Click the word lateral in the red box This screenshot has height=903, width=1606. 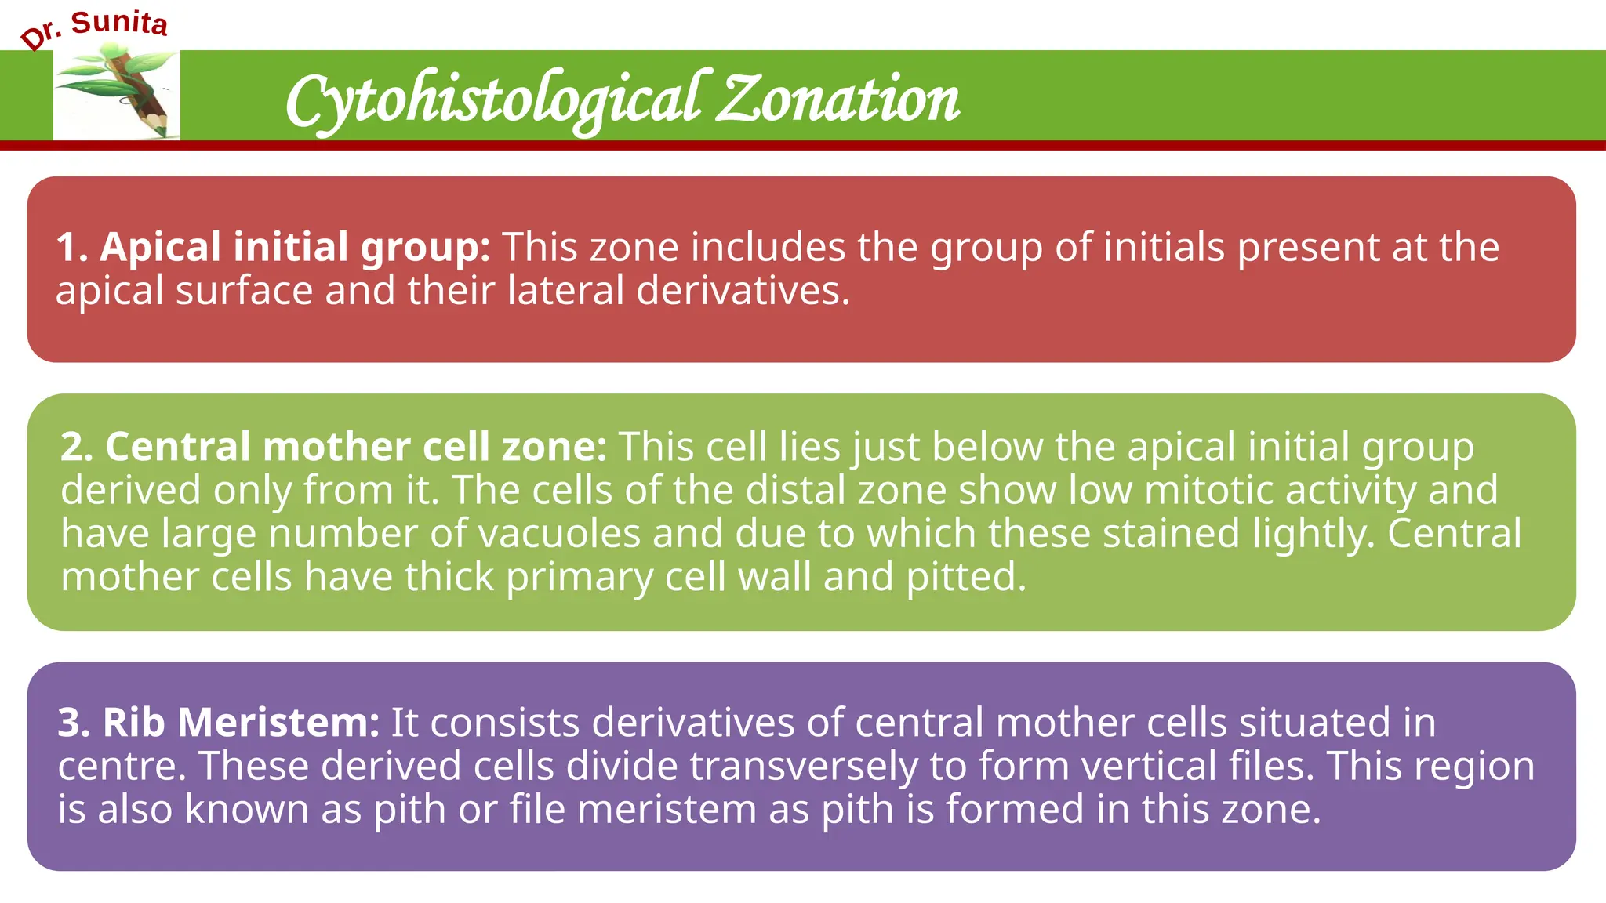click(x=565, y=291)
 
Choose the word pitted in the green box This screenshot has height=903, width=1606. click(x=965, y=578)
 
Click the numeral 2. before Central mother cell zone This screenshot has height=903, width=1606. click(x=77, y=447)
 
